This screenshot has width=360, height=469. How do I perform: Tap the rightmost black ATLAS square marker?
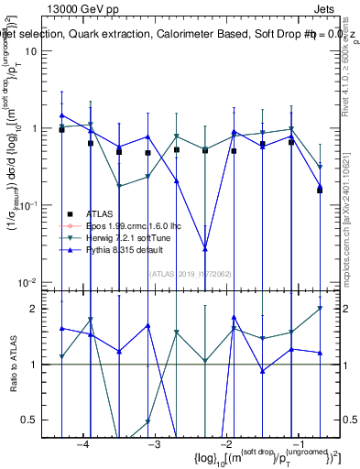click(320, 190)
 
